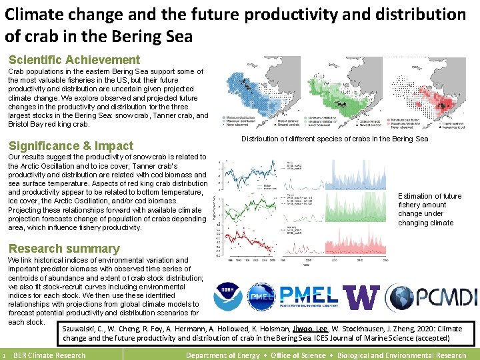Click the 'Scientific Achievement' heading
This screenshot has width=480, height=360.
tap(74, 60)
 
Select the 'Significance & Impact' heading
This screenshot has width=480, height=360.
tap(71, 146)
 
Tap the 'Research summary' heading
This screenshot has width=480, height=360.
tap(64, 249)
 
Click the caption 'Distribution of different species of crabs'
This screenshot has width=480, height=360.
tap(334, 139)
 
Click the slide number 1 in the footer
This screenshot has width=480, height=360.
tap(5, 355)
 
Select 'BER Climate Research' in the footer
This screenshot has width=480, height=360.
tap(49, 355)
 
